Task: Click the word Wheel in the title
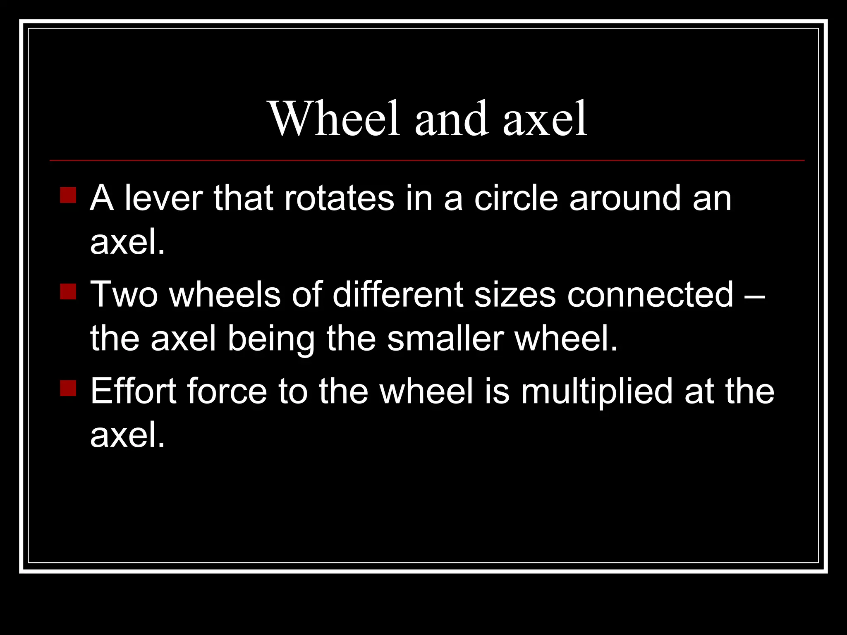(x=334, y=119)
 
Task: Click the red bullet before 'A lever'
(x=68, y=195)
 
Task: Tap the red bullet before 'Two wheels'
(x=68, y=291)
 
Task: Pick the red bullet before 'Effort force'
(x=68, y=388)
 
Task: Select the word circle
(x=516, y=198)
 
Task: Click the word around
(x=625, y=198)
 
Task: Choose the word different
(x=398, y=294)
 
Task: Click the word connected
(x=650, y=294)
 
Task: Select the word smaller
(x=445, y=339)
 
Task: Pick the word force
(x=227, y=391)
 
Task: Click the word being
(x=271, y=339)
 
